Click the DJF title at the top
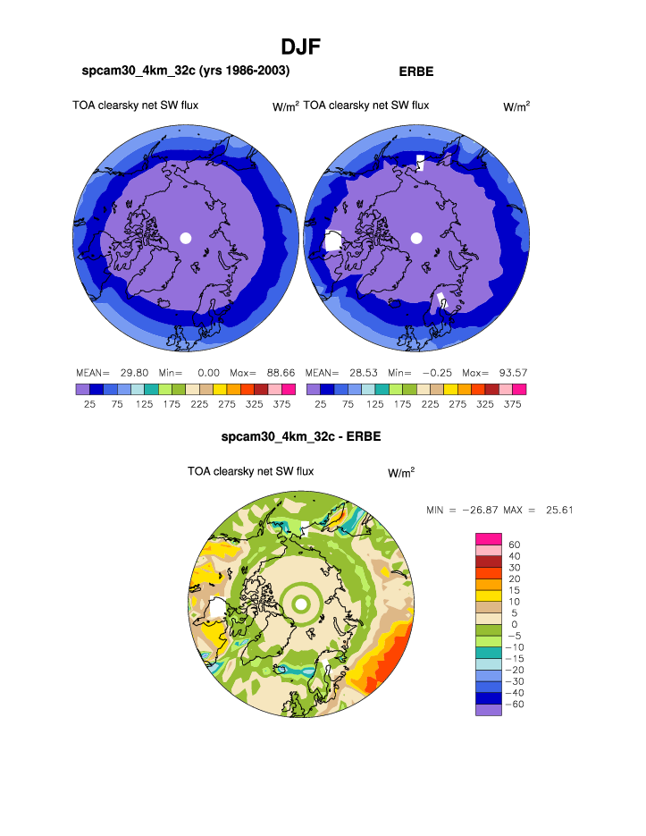click(301, 46)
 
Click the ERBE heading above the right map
click(416, 70)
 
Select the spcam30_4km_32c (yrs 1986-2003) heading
click(186, 70)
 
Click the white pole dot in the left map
click(186, 238)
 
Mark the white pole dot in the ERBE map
click(415, 238)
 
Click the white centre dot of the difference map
click(302, 605)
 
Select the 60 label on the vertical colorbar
click(515, 544)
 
